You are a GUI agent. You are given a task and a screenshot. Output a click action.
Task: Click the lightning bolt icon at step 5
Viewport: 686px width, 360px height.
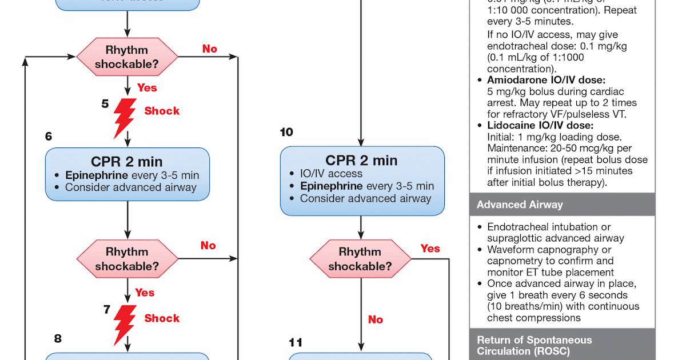click(x=125, y=117)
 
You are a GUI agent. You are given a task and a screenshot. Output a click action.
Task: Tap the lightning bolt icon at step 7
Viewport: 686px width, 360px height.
click(x=125, y=324)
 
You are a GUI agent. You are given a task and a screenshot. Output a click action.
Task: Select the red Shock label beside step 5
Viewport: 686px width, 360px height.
click(x=162, y=111)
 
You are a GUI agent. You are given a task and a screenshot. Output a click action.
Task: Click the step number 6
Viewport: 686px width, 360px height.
click(x=49, y=136)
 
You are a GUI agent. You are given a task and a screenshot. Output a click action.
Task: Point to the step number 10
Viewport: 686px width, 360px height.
click(x=286, y=132)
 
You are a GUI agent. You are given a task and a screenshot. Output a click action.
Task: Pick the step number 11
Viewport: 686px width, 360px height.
click(x=296, y=342)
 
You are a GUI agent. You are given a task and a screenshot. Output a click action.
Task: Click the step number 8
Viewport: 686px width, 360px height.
click(x=58, y=338)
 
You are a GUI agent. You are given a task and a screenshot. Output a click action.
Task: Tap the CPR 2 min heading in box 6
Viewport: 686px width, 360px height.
click(x=127, y=161)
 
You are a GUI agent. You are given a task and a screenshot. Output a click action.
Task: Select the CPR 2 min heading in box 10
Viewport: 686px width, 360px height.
click(x=361, y=161)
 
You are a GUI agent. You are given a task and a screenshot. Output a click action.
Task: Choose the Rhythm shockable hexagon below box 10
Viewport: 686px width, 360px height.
click(x=360, y=259)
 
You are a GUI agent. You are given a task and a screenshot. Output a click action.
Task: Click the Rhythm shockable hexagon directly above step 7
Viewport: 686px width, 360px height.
click(x=127, y=259)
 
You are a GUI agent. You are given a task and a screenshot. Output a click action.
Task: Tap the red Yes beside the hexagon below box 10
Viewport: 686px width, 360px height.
click(x=430, y=248)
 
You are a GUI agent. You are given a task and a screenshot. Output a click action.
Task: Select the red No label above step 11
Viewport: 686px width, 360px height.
click(x=375, y=319)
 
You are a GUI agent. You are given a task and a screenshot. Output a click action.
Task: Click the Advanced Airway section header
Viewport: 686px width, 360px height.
click(x=520, y=205)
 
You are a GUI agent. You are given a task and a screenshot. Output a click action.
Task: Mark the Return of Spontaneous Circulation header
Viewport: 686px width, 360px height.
click(x=534, y=346)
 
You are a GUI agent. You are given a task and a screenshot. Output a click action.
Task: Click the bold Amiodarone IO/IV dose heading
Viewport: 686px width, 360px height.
click(x=545, y=80)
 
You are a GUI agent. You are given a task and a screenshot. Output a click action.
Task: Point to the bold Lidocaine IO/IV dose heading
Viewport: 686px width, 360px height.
click(x=540, y=125)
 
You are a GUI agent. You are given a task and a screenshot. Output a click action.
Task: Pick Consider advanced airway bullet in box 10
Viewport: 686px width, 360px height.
click(x=365, y=198)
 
